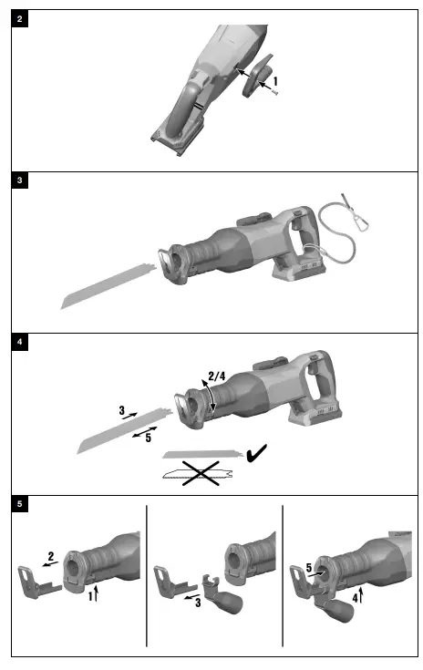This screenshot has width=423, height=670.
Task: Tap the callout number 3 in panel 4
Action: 121,411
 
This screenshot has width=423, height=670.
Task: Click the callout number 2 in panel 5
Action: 52,554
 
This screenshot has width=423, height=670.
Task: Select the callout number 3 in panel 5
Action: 196,601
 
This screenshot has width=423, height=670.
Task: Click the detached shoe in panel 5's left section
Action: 36,582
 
